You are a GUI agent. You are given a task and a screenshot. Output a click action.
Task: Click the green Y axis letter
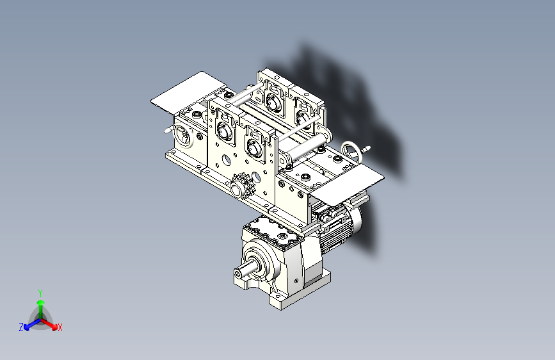(x=40, y=292)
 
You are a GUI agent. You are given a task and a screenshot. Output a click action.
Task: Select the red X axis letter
(x=60, y=327)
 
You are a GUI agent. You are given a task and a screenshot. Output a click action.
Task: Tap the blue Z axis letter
(x=21, y=327)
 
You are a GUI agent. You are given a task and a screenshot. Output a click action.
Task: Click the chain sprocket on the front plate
(x=242, y=186)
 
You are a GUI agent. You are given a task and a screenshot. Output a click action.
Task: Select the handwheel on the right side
(x=351, y=151)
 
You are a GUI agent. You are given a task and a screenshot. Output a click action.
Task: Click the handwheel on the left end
(x=181, y=136)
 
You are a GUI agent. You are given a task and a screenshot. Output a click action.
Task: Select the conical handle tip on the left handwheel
(x=168, y=130)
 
